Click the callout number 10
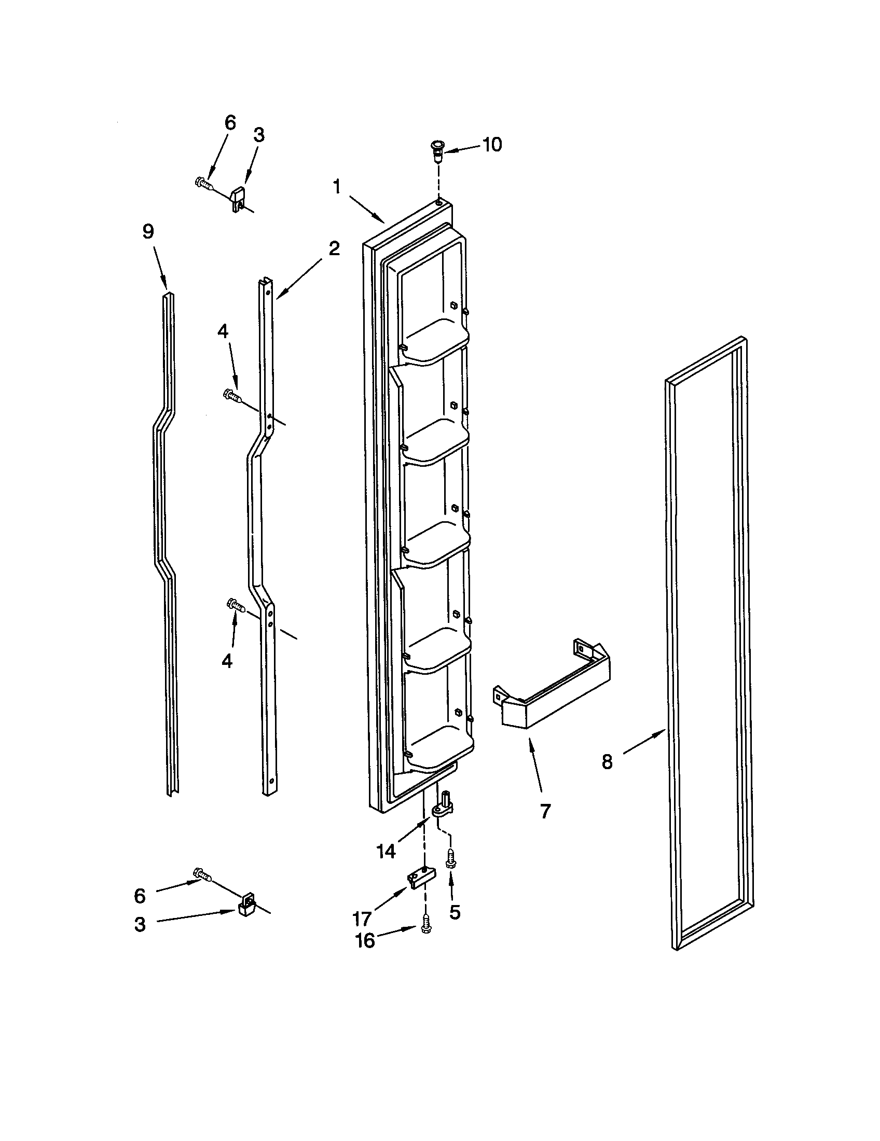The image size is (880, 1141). click(x=491, y=144)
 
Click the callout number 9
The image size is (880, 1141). click(x=148, y=231)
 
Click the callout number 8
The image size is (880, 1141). click(x=606, y=761)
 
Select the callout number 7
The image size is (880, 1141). click(x=545, y=811)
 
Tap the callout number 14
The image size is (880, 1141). click(x=386, y=852)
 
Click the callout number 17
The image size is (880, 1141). click(x=362, y=918)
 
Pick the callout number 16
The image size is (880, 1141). click(x=365, y=941)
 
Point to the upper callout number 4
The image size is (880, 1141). click(x=223, y=331)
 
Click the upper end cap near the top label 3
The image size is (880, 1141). click(x=238, y=198)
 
